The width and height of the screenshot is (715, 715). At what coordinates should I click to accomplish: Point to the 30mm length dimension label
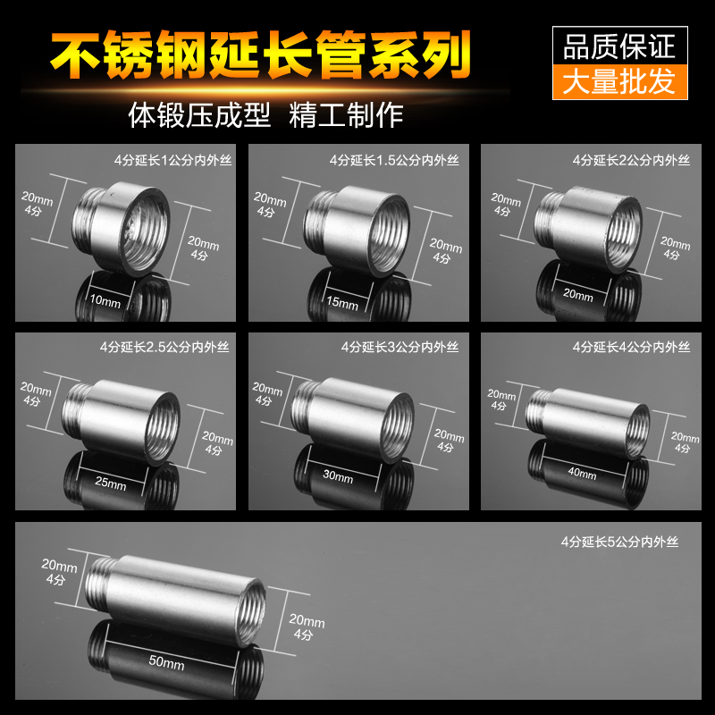click(339, 478)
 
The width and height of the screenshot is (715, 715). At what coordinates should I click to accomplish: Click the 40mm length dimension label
click(582, 475)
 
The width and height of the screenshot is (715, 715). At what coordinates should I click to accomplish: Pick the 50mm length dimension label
click(169, 664)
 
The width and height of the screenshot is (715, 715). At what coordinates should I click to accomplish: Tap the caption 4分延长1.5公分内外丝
click(394, 161)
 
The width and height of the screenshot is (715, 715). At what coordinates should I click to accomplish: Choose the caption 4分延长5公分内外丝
click(620, 542)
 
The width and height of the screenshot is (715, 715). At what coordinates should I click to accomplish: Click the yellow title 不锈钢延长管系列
click(260, 56)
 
